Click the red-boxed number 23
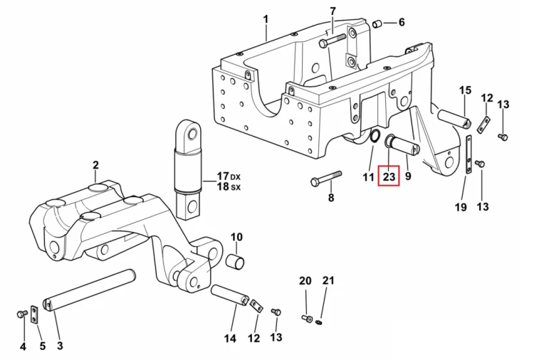(389, 176)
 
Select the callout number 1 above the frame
(266, 18)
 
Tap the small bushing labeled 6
(377, 24)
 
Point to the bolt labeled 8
(326, 179)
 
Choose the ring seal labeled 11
(375, 136)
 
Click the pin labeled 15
(454, 119)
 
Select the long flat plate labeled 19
(469, 155)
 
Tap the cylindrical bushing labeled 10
(236, 261)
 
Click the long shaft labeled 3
(90, 290)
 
